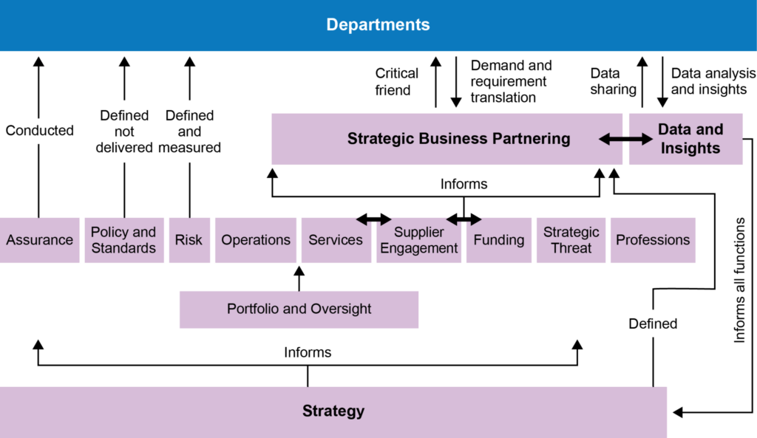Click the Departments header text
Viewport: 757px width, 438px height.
click(378, 25)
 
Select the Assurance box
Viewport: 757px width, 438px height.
click(40, 240)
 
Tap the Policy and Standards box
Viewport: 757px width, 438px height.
click(123, 240)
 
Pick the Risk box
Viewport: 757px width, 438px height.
click(189, 240)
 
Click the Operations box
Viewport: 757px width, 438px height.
click(256, 240)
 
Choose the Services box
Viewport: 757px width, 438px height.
click(336, 241)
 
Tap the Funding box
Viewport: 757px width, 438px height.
click(499, 240)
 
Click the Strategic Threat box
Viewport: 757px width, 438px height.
click(571, 240)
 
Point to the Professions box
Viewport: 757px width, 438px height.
click(653, 240)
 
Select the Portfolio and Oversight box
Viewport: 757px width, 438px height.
click(299, 309)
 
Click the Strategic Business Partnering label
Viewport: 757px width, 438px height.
click(458, 139)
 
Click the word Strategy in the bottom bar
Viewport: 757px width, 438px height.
click(333, 411)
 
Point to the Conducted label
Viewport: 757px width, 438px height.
click(40, 131)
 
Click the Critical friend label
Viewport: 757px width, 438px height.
click(396, 82)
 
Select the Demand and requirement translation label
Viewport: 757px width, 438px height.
click(510, 81)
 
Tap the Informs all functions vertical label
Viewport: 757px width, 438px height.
click(739, 279)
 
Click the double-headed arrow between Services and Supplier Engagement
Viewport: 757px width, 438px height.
click(373, 219)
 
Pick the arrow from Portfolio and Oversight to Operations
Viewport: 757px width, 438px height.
click(299, 278)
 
